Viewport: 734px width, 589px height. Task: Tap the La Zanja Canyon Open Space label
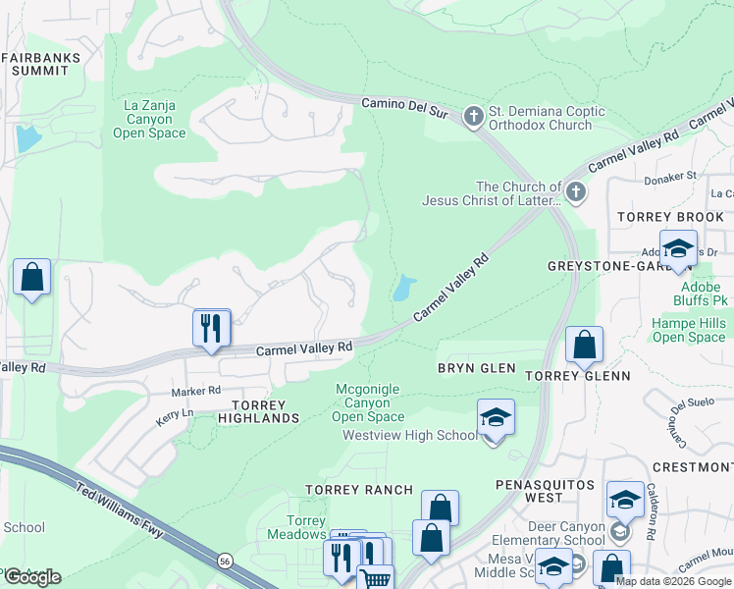(148, 118)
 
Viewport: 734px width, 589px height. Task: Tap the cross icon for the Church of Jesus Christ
(575, 192)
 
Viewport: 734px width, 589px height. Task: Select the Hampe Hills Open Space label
(689, 331)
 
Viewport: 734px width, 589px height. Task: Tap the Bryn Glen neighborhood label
(476, 367)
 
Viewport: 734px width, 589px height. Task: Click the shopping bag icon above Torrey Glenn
(584, 347)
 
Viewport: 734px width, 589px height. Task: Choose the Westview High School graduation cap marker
(497, 419)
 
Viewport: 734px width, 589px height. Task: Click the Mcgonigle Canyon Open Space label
(368, 402)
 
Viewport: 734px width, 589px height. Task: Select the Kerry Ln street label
(174, 414)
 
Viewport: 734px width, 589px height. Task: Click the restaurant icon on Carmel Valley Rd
(210, 328)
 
